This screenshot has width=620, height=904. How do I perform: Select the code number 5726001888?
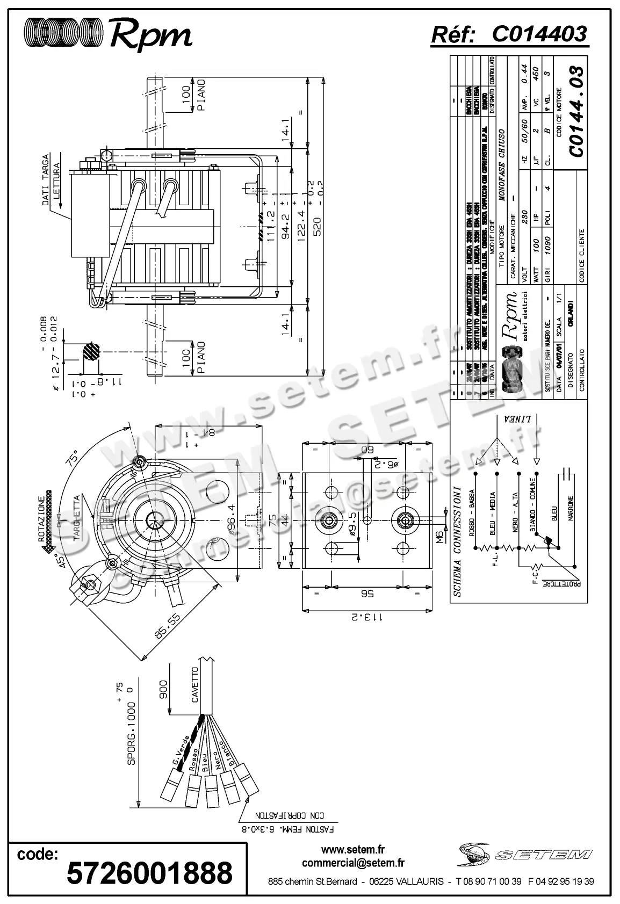coord(149,872)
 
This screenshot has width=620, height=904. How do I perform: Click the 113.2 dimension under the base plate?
coord(367,617)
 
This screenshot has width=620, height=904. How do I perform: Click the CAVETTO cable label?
coord(195,685)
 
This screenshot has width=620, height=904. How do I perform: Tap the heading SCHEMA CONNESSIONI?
coord(457,541)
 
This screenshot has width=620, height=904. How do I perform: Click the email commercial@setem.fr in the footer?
coord(353,863)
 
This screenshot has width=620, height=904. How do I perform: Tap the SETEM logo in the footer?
coord(524,854)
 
